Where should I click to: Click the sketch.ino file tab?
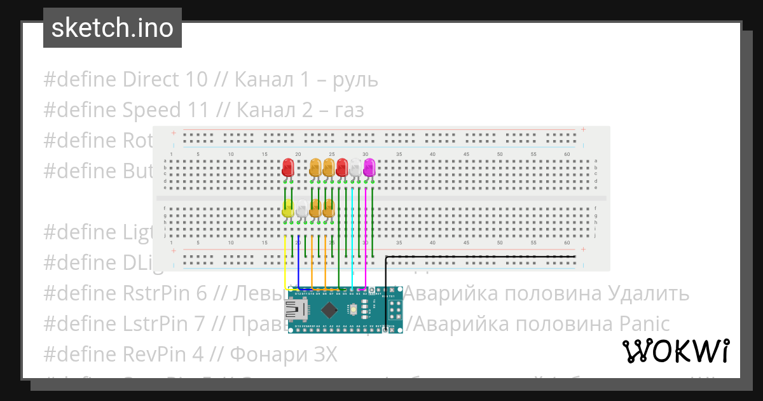113,28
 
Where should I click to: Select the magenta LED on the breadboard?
369,167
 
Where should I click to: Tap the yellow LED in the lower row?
287,208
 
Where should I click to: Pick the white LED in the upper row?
355,167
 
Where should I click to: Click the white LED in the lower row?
301,208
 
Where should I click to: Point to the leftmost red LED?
287,167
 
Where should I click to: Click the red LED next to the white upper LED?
342,167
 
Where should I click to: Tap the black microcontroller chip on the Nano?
329,310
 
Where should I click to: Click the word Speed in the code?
151,110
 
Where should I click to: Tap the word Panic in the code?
644,324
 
